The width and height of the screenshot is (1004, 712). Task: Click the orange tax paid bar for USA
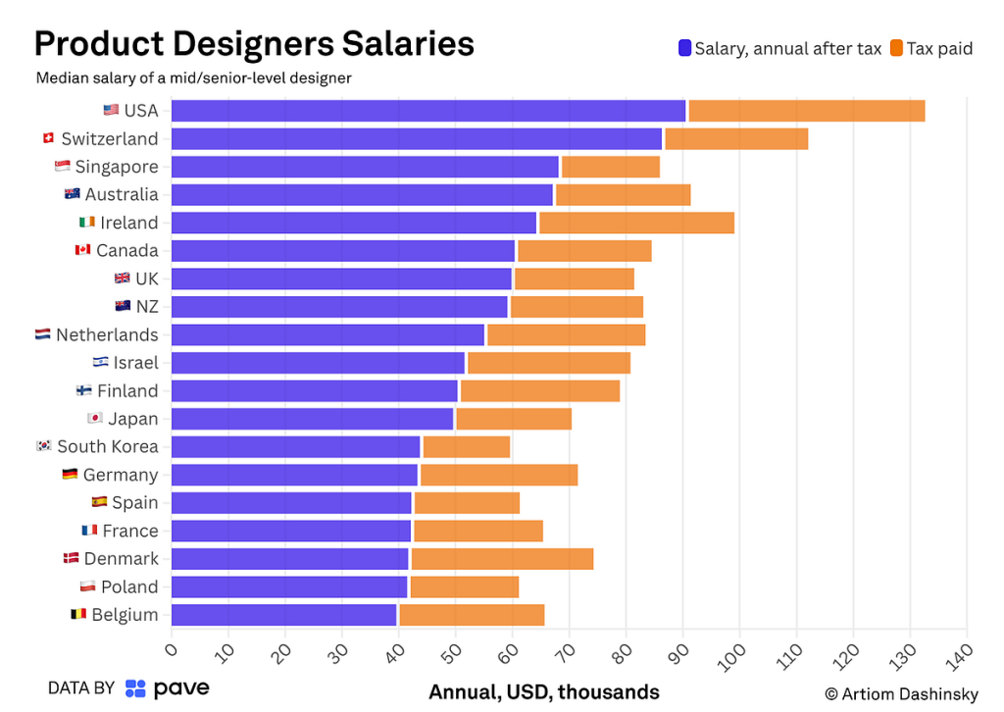pos(806,111)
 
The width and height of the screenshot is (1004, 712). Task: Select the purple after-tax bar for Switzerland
pos(417,138)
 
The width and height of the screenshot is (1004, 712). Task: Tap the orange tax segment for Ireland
pos(636,223)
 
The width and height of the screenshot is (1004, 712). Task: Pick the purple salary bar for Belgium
pos(284,615)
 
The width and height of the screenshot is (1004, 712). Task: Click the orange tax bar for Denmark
pos(502,559)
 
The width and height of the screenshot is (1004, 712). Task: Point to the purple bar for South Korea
pos(295,447)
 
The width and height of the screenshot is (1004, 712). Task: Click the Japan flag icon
pos(95,419)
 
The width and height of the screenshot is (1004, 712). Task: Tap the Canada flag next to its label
pos(82,250)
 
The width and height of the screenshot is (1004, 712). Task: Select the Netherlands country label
pos(107,334)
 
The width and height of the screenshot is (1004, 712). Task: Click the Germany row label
pos(120,475)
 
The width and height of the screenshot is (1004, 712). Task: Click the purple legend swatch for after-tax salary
pos(684,48)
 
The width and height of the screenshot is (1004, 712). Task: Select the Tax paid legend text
pos(938,48)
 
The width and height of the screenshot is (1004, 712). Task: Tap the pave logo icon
pos(135,688)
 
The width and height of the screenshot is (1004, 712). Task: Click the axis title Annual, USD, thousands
pos(544,692)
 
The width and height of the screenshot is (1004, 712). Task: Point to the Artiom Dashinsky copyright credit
pos(901,694)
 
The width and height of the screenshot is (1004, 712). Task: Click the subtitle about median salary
pos(193,77)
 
